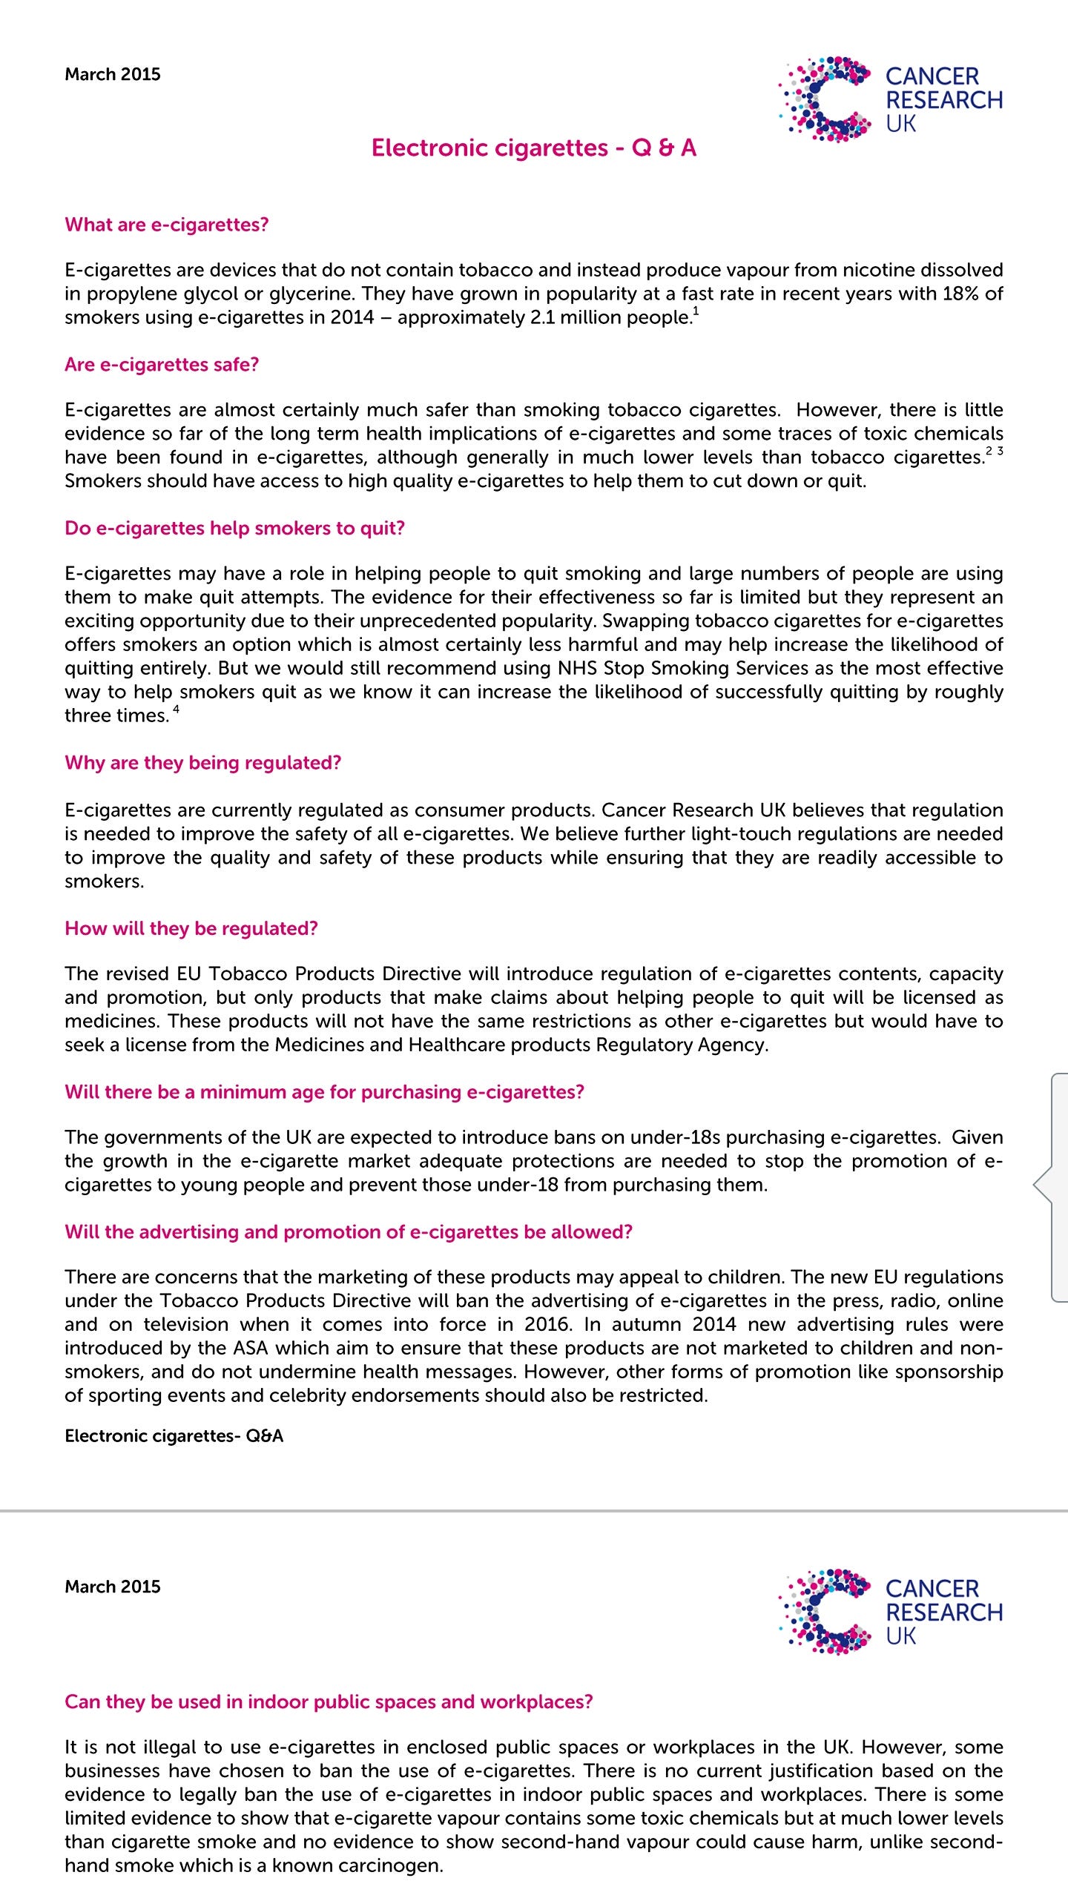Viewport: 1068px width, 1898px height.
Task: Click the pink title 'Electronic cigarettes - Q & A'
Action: click(x=534, y=148)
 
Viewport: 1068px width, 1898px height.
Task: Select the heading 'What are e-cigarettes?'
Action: click(x=166, y=225)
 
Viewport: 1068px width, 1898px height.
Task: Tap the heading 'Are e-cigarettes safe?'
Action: click(x=162, y=365)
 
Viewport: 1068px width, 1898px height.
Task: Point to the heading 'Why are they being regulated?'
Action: click(x=202, y=763)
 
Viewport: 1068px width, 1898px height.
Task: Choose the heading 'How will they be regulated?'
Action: click(x=191, y=929)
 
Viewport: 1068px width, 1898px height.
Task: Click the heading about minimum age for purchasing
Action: click(x=324, y=1092)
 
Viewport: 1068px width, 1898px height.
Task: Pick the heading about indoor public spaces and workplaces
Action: click(x=329, y=1702)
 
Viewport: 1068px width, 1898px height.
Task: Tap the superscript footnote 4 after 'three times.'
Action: click(x=176, y=710)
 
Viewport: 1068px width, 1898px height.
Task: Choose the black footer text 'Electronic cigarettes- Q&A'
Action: click(x=174, y=1436)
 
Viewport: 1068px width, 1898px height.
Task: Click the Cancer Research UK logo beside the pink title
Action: click(x=890, y=99)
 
